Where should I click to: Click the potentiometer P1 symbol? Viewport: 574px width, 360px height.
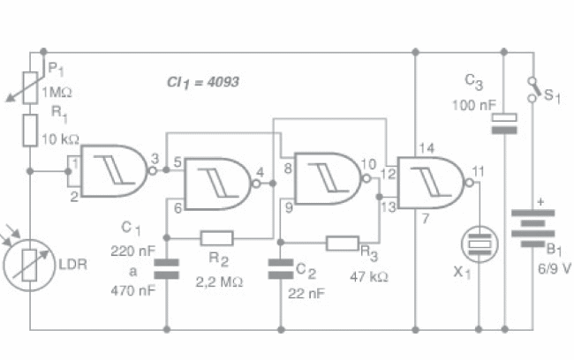tap(31, 84)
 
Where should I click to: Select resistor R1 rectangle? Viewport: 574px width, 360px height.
tap(31, 129)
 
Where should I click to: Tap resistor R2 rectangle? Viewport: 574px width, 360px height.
tap(217, 236)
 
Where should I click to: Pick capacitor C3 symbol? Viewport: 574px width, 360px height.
tap(504, 124)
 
